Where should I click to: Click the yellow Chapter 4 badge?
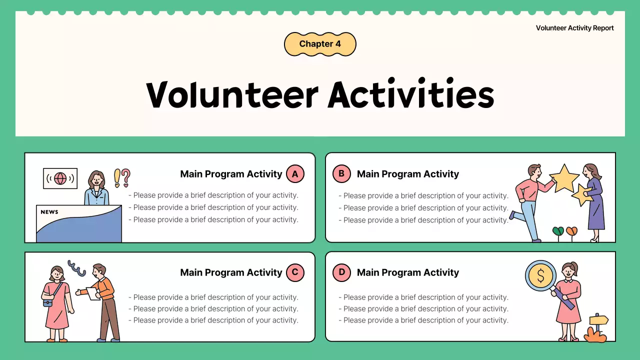click(320, 44)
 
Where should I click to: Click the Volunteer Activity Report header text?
click(574, 28)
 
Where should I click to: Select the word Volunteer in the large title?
click(232, 94)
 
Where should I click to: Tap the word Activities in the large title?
click(411, 94)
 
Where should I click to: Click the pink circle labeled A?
click(295, 174)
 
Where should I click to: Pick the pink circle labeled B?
click(341, 174)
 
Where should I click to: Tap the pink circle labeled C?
click(295, 272)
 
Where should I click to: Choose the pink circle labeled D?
click(341, 272)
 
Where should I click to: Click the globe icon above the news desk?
click(60, 178)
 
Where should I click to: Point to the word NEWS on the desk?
click(49, 212)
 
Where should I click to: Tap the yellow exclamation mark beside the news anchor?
click(117, 177)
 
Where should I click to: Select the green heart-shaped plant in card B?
click(558, 231)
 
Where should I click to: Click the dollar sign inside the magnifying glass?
click(540, 276)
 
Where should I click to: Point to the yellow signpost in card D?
click(598, 320)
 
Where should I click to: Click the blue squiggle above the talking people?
click(76, 268)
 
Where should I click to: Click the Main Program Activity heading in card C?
click(231, 272)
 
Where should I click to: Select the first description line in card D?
click(423, 297)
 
